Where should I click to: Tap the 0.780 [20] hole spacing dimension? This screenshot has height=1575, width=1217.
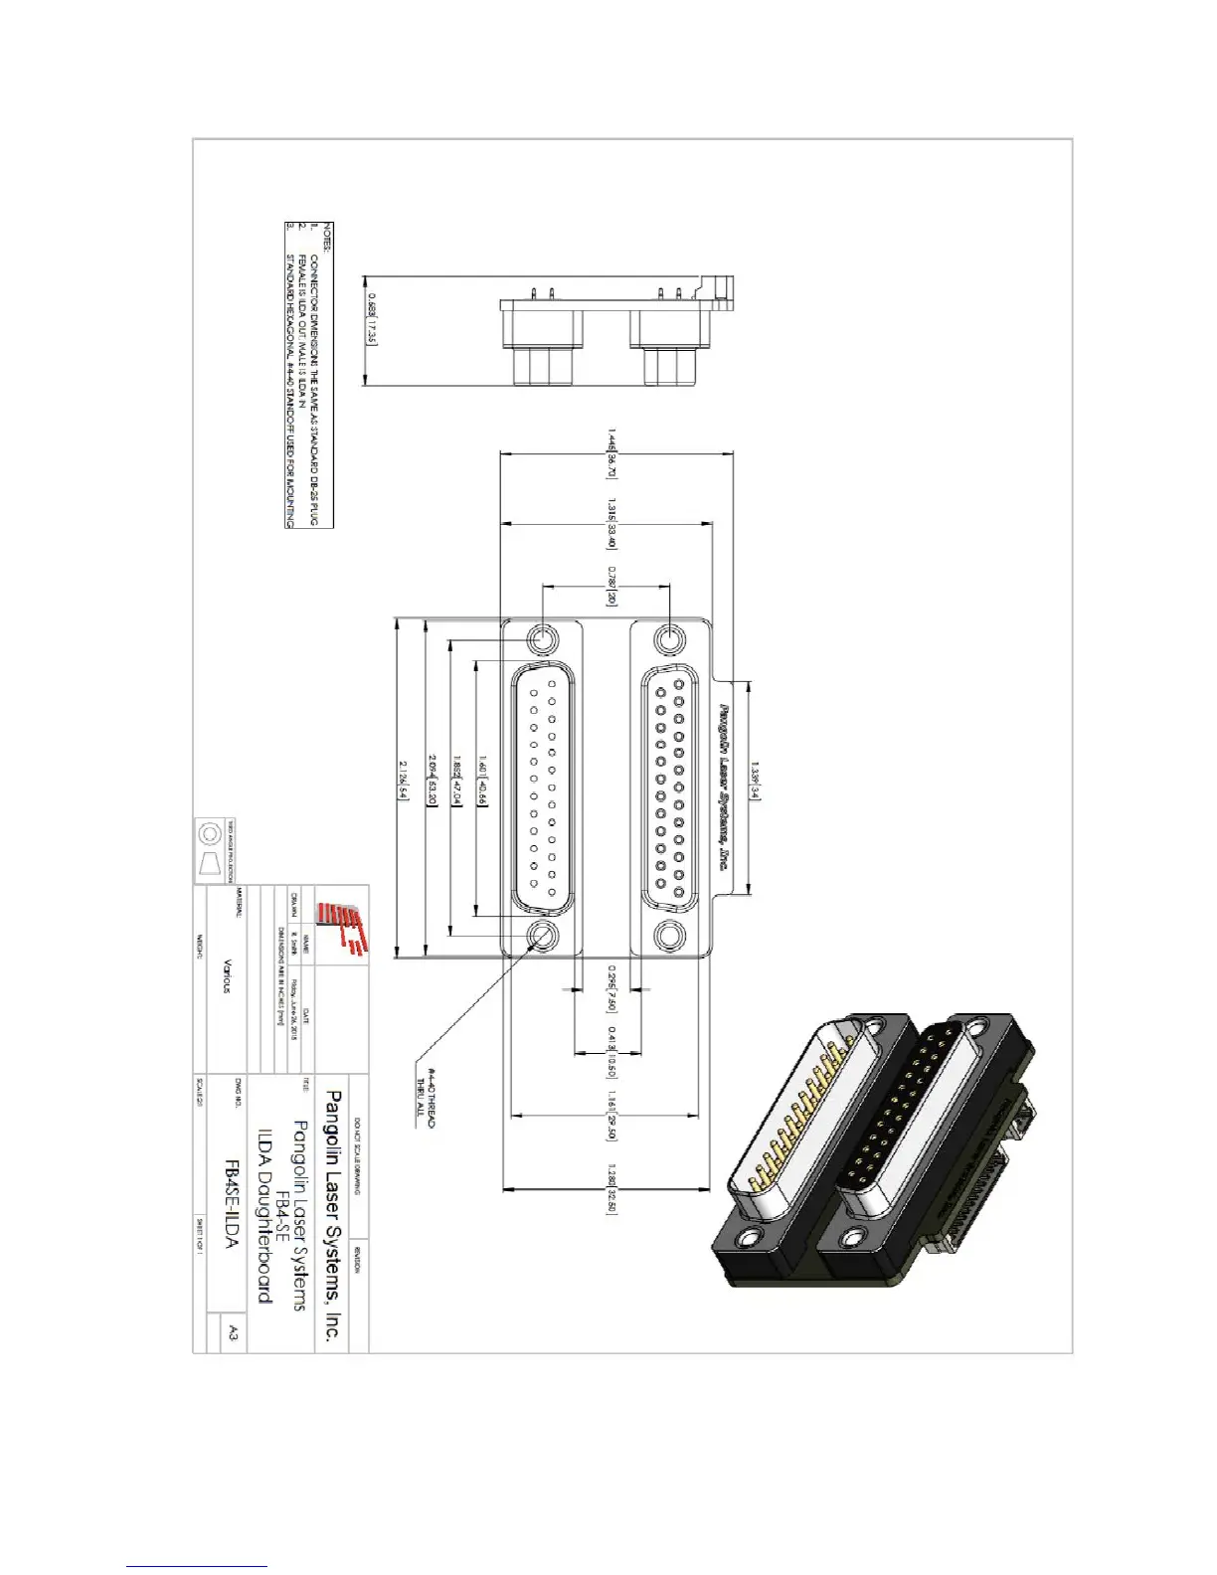click(x=612, y=586)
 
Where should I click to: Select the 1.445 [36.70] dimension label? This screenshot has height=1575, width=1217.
click(x=612, y=453)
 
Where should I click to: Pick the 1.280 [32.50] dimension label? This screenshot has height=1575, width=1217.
click(x=612, y=1187)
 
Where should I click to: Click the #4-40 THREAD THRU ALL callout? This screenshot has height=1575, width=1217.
click(x=426, y=1091)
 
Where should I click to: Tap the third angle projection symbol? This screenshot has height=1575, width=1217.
click(x=210, y=850)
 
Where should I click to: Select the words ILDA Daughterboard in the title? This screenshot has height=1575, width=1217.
click(x=264, y=1214)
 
